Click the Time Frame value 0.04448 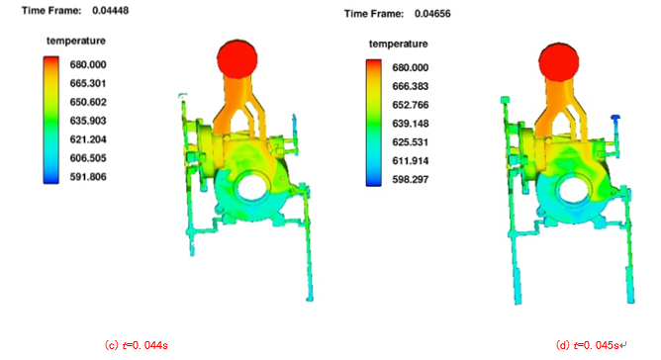tap(111, 11)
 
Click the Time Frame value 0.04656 tap(432, 14)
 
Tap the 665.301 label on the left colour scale tap(88, 83)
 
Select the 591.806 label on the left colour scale tap(88, 177)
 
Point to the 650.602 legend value tap(88, 102)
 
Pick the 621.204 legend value tap(88, 139)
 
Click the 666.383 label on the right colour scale tap(411, 86)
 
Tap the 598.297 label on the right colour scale tap(411, 180)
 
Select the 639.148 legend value tap(411, 124)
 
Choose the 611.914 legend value tap(411, 161)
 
